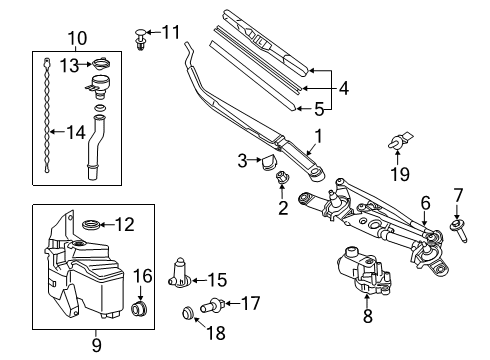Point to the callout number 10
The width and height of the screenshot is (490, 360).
click(77, 37)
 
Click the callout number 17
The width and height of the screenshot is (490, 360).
click(250, 300)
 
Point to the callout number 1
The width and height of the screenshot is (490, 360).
click(318, 135)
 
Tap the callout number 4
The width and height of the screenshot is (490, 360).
click(343, 88)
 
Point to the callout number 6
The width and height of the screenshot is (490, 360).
click(424, 203)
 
